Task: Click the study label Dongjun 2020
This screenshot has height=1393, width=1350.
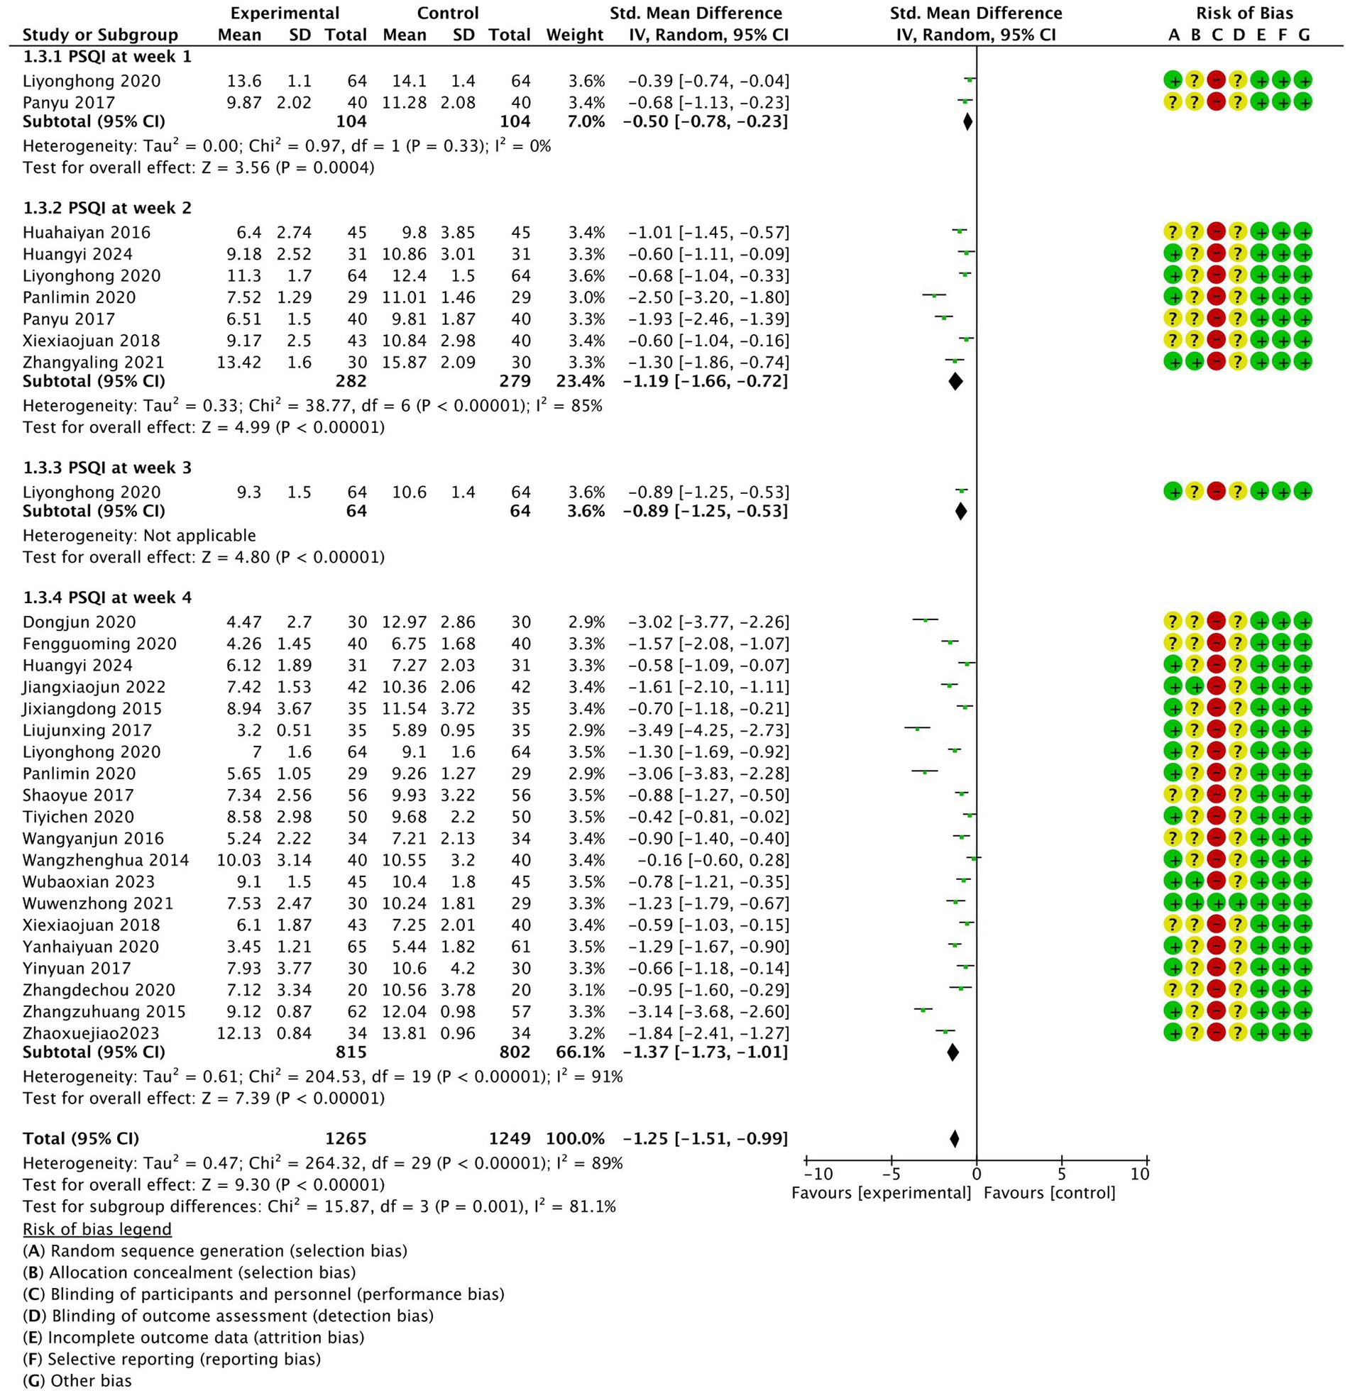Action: (79, 622)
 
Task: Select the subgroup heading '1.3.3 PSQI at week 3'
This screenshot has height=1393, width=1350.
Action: (106, 468)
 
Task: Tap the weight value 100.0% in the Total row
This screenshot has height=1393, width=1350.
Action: (575, 1138)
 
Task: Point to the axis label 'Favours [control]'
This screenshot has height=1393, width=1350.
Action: (1049, 1193)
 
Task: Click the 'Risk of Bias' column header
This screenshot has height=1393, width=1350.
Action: (1244, 13)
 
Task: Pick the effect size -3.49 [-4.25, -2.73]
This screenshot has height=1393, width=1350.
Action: (708, 730)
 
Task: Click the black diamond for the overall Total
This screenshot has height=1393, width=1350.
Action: (954, 1138)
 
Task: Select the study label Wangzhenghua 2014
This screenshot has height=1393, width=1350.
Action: (106, 860)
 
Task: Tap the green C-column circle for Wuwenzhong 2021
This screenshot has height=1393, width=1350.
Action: (1217, 903)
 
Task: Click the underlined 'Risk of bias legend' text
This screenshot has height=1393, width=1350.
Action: (97, 1229)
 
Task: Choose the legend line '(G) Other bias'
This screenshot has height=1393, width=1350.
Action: (77, 1380)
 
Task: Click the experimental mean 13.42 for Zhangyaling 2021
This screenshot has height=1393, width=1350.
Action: (239, 362)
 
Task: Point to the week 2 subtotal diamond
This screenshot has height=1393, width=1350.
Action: (955, 381)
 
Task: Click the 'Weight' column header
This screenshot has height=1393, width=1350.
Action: (574, 35)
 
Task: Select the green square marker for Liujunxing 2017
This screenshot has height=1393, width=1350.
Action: (917, 729)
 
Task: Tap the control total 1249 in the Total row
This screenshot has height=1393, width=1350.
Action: (510, 1138)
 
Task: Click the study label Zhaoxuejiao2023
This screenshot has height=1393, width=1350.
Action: (91, 1033)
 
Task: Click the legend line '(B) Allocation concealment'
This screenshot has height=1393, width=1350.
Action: (189, 1272)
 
